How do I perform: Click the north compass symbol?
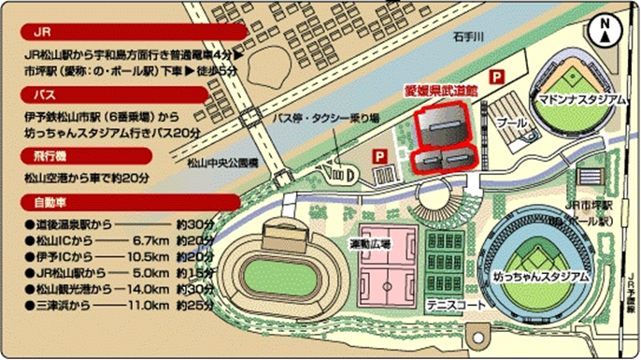pos(606,31)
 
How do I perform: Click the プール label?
pos(510,123)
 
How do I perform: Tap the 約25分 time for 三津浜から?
pos(193,305)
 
